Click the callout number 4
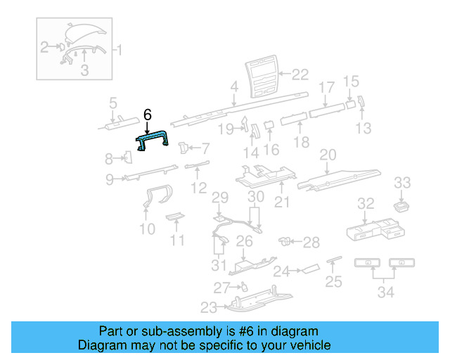click(x=234, y=88)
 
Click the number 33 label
click(x=402, y=183)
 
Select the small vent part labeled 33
click(x=403, y=205)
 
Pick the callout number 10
click(x=147, y=229)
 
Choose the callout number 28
click(x=311, y=242)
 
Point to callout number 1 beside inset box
click(x=119, y=49)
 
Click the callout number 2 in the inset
click(x=44, y=48)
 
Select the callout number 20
click(x=328, y=155)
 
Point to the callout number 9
click(x=110, y=179)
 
